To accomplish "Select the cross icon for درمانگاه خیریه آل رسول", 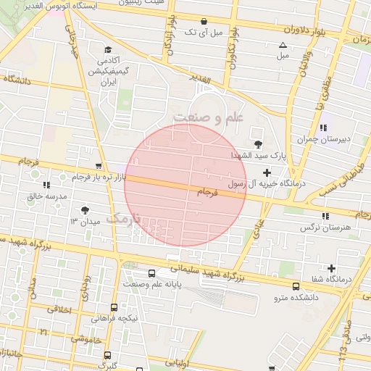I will click(267, 172).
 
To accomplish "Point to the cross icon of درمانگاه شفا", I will click(332, 268).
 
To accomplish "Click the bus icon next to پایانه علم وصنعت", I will click(151, 273).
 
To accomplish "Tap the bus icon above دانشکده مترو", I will click(296, 286).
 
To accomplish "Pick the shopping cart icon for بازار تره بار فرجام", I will click(99, 166).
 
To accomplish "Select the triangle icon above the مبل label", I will click(283, 45).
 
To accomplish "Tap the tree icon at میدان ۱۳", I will click(86, 209).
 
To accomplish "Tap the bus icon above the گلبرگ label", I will click(108, 355).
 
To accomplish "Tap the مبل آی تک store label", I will click(202, 33).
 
